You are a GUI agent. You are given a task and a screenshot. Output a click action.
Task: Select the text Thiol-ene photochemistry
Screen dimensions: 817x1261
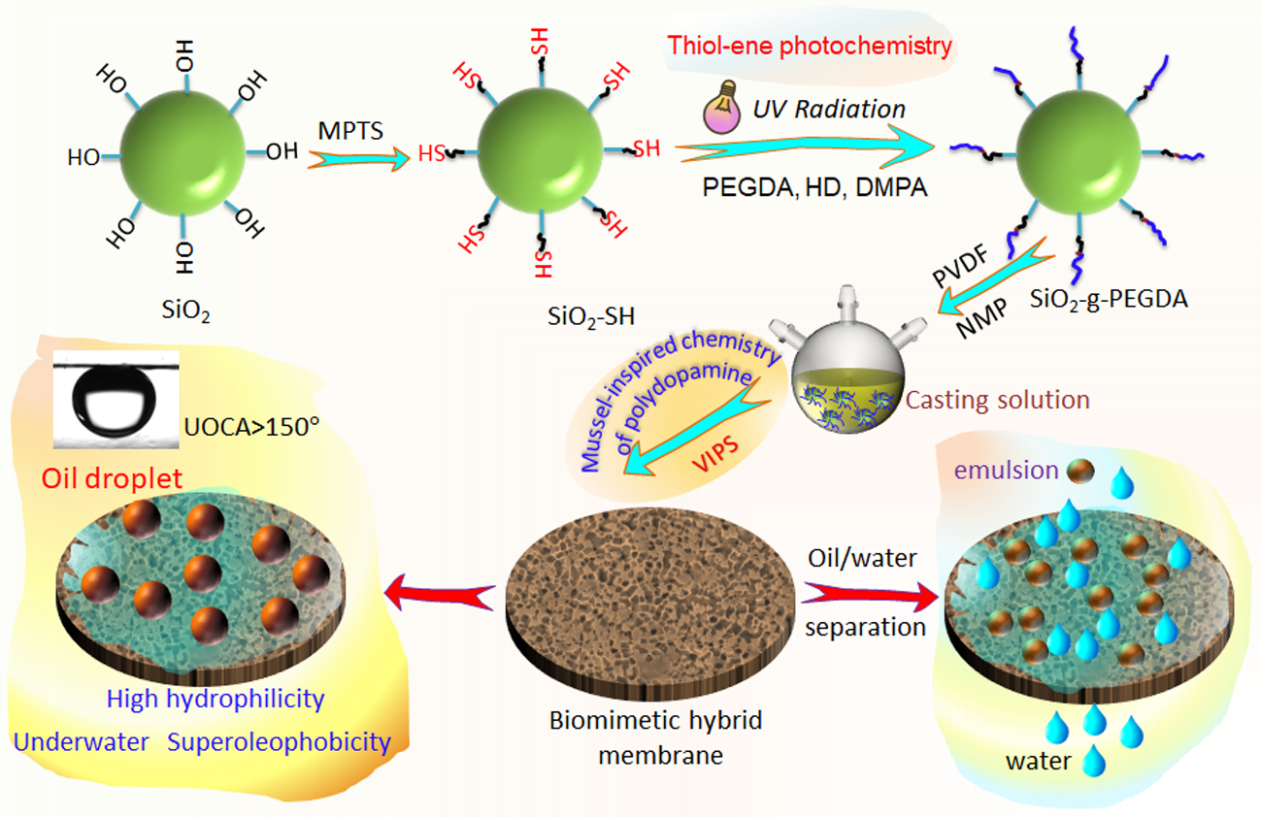(x=810, y=45)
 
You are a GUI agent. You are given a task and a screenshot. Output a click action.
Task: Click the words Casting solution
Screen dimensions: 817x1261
(x=998, y=399)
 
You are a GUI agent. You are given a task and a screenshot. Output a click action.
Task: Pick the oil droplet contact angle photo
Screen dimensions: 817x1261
(x=117, y=401)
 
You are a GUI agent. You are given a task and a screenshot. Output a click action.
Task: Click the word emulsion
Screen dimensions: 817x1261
(x=1007, y=471)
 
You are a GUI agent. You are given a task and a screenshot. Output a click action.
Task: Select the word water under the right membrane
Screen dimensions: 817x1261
(x=1038, y=761)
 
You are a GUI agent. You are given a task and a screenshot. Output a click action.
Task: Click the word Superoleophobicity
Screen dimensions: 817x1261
(x=279, y=743)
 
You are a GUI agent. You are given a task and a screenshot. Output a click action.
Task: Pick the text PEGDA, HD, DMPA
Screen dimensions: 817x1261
(x=814, y=186)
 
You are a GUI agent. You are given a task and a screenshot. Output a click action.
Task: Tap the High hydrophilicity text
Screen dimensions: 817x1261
(x=216, y=698)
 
